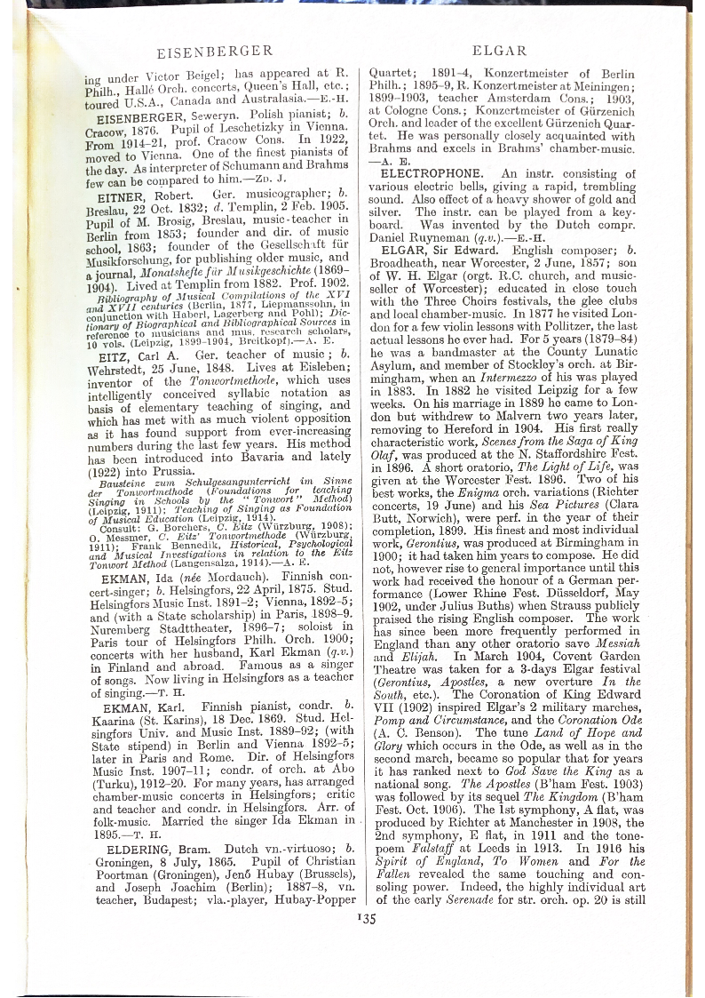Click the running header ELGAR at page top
(x=500, y=51)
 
